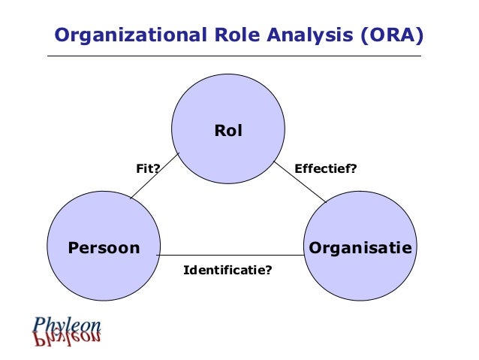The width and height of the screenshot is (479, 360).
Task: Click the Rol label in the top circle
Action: (228, 131)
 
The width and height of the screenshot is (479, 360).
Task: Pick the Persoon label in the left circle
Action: (104, 247)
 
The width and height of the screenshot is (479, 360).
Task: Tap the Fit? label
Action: (148, 169)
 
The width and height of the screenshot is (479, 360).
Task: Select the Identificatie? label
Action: (227, 268)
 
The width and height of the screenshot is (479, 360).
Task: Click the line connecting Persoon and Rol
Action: (155, 177)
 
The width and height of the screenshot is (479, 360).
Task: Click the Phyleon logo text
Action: (67, 325)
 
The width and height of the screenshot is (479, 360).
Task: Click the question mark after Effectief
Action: (353, 169)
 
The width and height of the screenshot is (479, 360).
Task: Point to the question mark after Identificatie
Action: (268, 268)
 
